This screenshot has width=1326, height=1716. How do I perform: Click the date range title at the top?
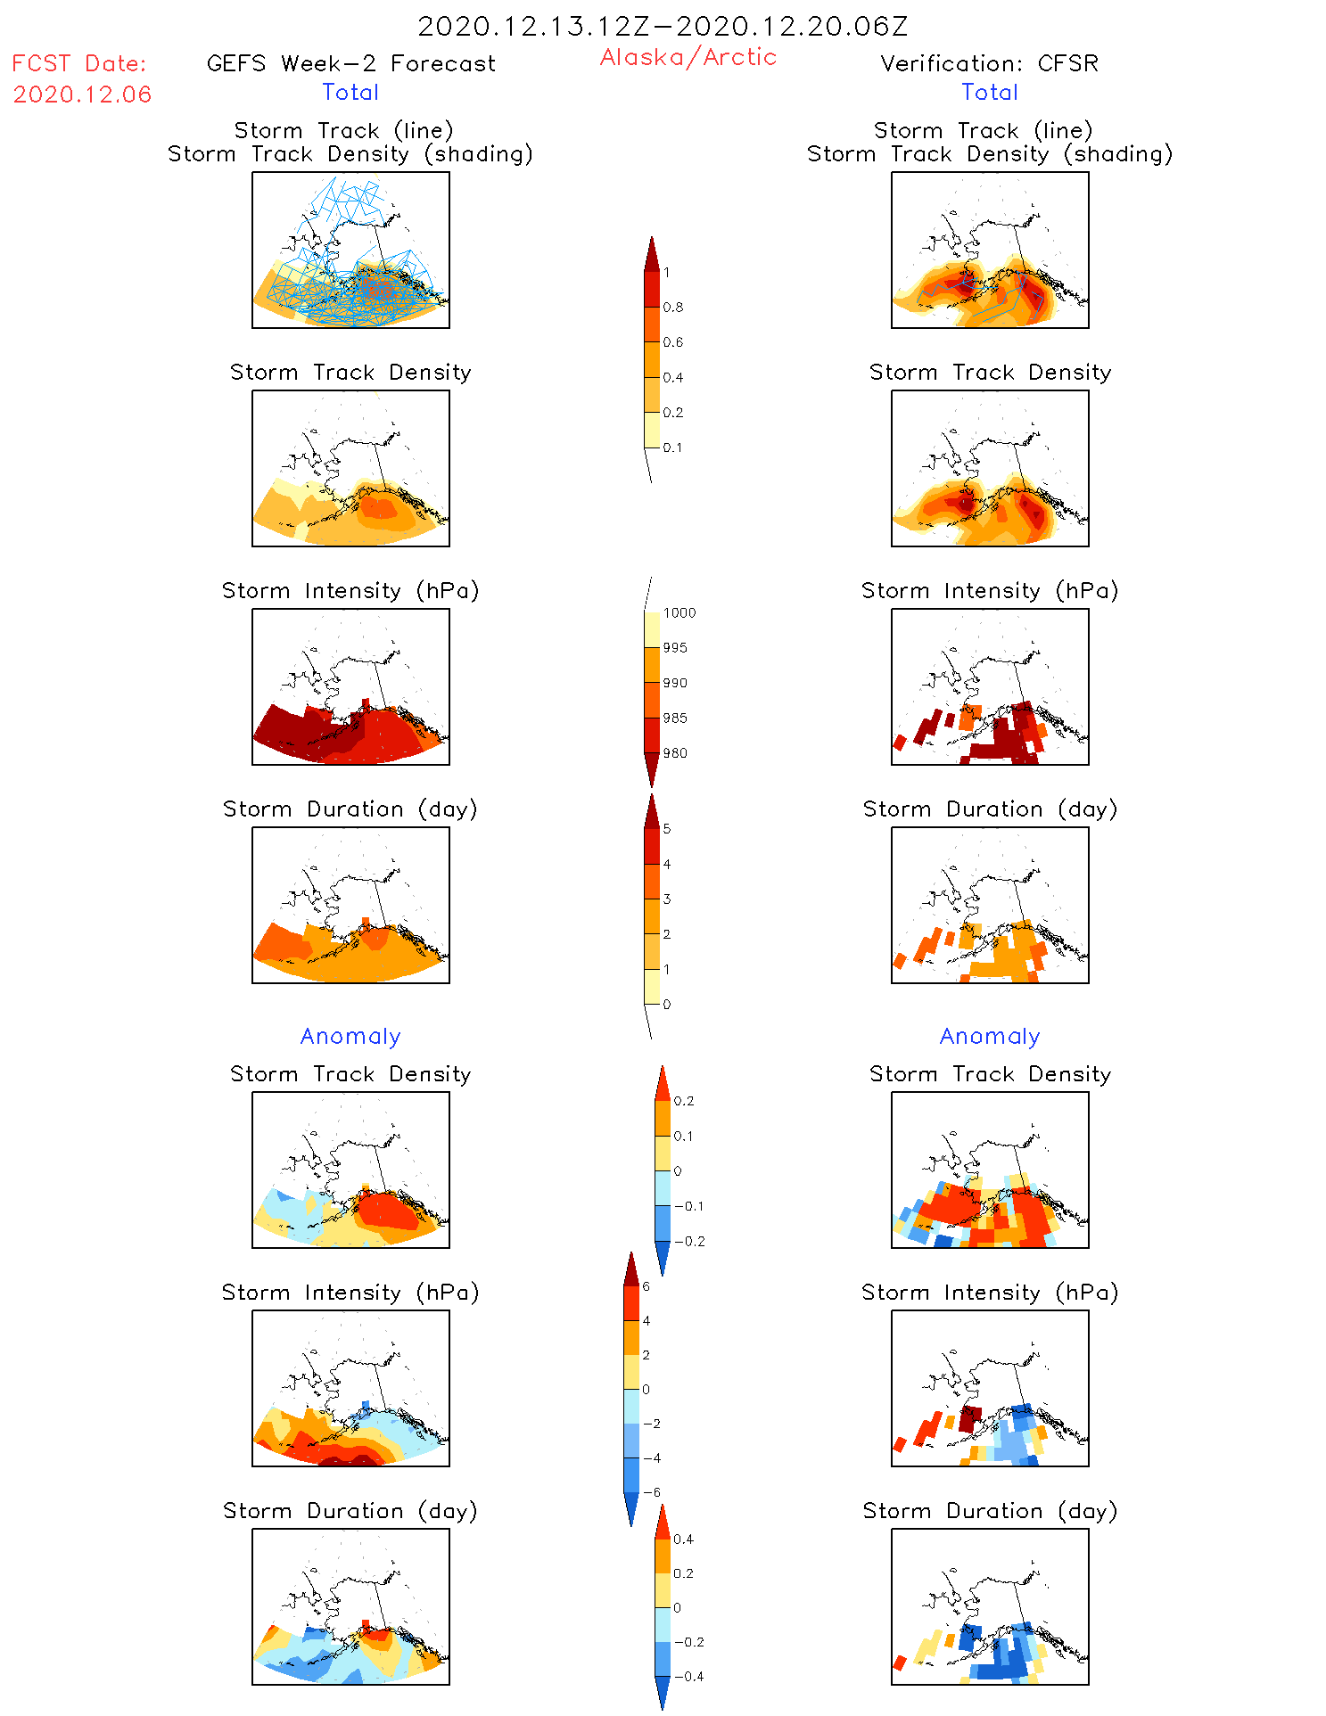click(663, 27)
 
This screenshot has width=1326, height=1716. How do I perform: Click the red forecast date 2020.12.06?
click(82, 94)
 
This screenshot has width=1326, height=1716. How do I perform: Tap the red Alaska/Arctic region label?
click(688, 57)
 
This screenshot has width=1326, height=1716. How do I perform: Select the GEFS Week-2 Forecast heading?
click(350, 63)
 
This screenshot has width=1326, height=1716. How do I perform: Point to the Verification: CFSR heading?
click(989, 63)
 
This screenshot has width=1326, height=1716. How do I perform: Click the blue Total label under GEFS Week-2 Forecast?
click(350, 92)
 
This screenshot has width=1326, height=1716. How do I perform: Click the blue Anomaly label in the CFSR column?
click(990, 1036)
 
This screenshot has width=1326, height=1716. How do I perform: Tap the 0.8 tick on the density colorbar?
click(673, 308)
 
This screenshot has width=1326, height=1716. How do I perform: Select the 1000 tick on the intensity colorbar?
click(679, 613)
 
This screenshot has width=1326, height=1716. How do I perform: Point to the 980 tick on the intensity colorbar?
click(675, 753)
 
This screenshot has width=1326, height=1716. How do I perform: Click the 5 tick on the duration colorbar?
click(667, 829)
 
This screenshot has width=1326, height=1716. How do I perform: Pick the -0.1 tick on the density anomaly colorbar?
click(688, 1206)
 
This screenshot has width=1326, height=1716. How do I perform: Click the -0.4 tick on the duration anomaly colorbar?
click(688, 1676)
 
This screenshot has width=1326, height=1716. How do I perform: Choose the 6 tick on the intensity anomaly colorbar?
click(646, 1286)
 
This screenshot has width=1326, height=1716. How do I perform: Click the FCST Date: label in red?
click(78, 63)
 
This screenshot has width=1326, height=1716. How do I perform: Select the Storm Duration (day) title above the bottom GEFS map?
click(350, 1511)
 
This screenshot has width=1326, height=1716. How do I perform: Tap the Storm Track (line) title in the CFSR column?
click(983, 130)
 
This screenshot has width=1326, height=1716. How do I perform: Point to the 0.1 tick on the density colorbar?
click(672, 447)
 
